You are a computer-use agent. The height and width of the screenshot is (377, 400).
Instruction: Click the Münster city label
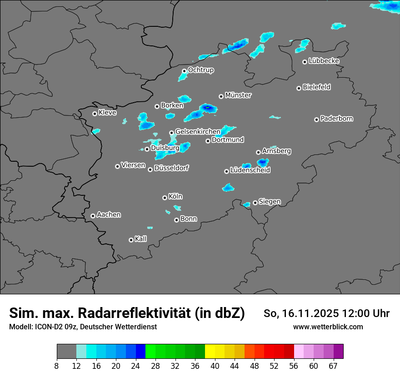tap(238, 95)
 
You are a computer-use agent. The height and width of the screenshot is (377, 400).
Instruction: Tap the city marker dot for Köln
tap(165, 198)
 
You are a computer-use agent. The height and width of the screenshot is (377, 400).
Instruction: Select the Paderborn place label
tap(337, 119)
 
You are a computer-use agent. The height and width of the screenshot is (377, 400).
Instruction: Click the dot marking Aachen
tap(93, 216)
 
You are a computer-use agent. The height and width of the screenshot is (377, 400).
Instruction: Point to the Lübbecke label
tap(324, 61)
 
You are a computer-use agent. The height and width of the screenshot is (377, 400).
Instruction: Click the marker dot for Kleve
tap(95, 114)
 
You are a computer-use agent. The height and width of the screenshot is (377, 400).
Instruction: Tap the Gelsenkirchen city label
tap(198, 132)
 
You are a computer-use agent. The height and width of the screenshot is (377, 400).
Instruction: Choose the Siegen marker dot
tap(255, 203)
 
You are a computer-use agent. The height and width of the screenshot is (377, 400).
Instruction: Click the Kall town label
tap(141, 239)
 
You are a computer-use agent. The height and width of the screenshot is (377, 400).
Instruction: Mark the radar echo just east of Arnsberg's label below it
tap(263, 162)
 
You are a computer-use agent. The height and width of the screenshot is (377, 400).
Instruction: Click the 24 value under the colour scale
tap(136, 366)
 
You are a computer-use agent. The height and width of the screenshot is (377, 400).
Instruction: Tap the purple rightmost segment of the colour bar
tap(338, 352)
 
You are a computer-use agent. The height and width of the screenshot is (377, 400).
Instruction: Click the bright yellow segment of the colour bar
tap(210, 352)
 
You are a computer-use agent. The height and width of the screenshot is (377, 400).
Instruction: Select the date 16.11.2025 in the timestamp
tap(309, 313)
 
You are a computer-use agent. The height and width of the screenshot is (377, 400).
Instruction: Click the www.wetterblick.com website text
tap(328, 327)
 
